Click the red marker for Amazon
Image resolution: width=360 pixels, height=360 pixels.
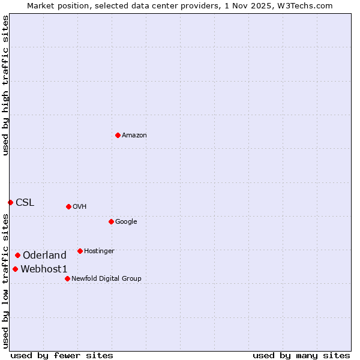118,135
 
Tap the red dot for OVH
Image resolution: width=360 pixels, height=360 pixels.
68,206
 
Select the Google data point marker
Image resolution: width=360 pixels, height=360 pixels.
111,221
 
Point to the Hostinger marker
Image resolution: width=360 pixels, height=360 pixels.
80,251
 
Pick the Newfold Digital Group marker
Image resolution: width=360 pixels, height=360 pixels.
67,278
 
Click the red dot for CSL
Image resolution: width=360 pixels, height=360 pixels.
10,202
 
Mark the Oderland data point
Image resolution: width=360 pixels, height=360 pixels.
17,255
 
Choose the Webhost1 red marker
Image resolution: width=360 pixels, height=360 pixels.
15,269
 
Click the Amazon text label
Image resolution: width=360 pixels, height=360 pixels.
134,136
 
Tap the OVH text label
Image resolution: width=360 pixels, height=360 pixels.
80,207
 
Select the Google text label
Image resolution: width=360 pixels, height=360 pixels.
126,222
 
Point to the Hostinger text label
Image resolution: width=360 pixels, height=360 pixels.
99,251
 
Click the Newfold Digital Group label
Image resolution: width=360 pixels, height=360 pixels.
106,279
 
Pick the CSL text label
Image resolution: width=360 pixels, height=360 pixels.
25,203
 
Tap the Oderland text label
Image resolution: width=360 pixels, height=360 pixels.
44,256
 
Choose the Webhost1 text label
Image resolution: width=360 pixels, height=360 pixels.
44,269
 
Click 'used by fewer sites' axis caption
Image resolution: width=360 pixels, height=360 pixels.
62,355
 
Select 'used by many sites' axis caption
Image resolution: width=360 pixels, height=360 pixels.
301,355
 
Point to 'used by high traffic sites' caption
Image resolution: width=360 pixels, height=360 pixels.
5,86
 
